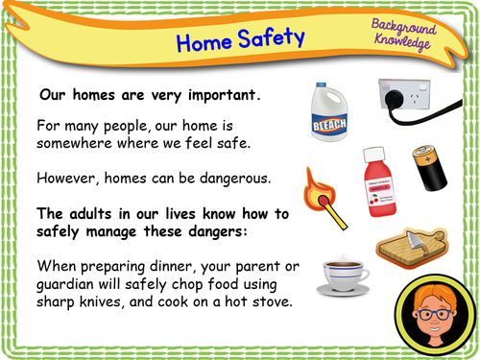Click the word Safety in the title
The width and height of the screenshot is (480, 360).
tap(272, 38)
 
